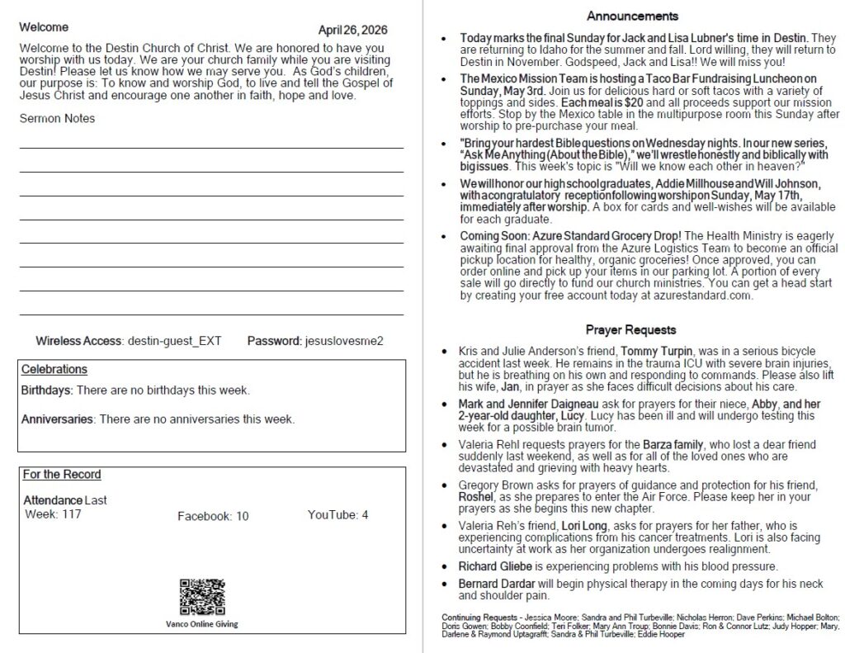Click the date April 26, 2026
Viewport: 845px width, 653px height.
[352, 30]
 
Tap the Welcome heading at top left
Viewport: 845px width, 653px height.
[45, 27]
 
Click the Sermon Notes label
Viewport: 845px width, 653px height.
[57, 118]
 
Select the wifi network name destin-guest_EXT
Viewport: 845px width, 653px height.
[174, 340]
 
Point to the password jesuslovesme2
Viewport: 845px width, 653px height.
[344, 340]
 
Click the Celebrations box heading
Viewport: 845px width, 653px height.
[54, 370]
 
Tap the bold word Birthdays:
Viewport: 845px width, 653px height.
[47, 390]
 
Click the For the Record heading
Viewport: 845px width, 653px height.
[62, 475]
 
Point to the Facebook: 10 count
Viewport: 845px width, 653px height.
[213, 516]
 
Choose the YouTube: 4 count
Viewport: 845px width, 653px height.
[338, 515]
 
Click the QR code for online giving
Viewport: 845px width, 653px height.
[202, 597]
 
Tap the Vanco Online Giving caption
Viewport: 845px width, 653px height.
[202, 624]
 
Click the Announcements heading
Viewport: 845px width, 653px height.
[633, 16]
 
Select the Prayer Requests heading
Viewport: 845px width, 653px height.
[631, 329]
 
